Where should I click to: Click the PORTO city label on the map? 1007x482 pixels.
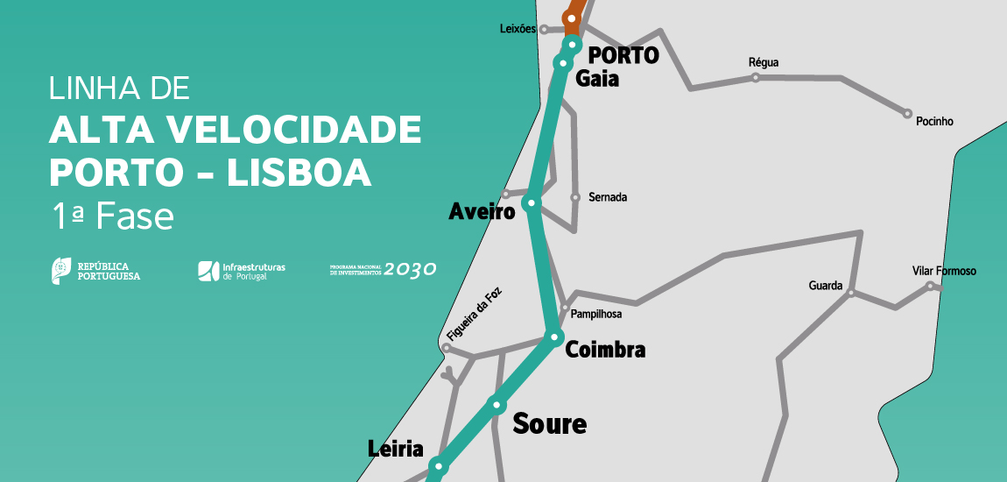(623, 55)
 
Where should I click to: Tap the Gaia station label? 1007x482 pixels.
(597, 79)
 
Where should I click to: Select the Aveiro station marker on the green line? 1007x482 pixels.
(530, 203)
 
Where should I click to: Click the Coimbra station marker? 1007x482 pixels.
(553, 337)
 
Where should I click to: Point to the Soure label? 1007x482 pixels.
(549, 424)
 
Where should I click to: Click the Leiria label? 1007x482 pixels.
(395, 450)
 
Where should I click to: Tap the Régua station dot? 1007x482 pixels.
(756, 78)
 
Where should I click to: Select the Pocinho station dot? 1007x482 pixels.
(908, 113)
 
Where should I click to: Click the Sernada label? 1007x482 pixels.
(608, 198)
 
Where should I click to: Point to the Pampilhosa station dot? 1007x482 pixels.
(565, 307)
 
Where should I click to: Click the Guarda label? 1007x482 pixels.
(825, 286)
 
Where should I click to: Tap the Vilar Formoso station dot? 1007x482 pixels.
(931, 286)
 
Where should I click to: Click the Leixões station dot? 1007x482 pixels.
(544, 29)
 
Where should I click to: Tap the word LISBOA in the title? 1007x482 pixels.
(299, 172)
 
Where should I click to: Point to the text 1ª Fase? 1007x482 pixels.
(111, 216)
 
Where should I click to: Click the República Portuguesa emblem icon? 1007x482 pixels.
(61, 270)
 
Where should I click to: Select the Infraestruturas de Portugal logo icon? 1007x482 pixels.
(208, 271)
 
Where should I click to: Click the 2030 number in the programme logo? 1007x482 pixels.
(410, 270)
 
